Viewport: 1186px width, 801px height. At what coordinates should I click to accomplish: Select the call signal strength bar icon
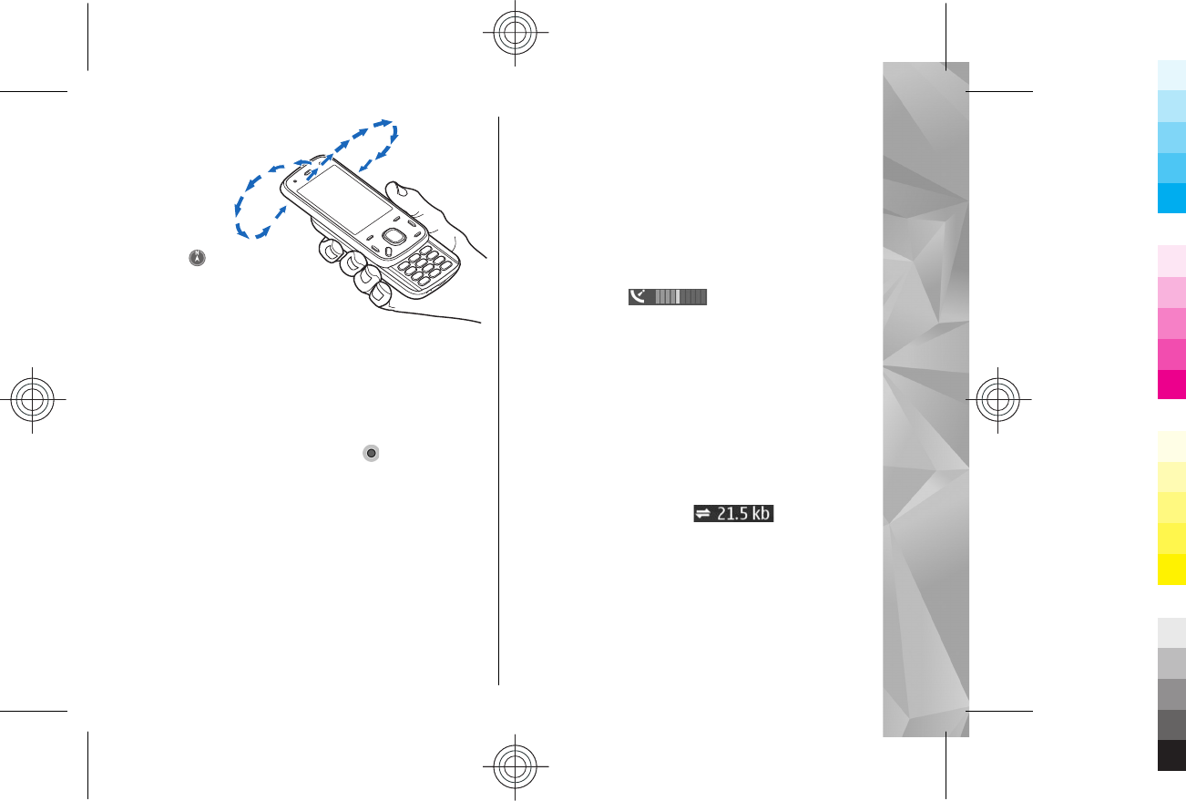click(667, 297)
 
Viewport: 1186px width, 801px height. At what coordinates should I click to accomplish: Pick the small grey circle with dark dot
click(371, 453)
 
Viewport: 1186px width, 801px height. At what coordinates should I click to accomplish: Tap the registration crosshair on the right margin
click(999, 400)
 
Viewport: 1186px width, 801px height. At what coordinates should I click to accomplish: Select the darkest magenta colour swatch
click(1171, 385)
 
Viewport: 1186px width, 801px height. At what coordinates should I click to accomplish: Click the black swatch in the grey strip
click(1171, 755)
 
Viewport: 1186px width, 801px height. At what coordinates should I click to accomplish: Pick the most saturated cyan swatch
click(1171, 197)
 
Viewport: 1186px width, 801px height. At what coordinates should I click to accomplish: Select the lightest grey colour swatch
click(1171, 632)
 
